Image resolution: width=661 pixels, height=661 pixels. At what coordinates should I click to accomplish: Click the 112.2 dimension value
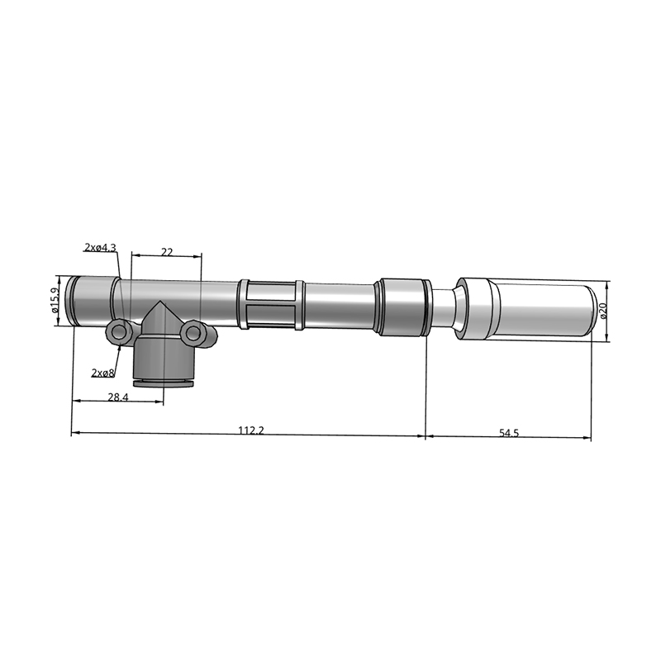(x=251, y=430)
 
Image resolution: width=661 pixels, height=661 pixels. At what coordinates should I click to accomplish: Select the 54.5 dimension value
(x=509, y=433)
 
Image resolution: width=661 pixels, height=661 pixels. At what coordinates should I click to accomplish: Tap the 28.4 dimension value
(x=118, y=397)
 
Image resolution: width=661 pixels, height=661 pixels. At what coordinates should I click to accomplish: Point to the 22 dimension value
(x=167, y=252)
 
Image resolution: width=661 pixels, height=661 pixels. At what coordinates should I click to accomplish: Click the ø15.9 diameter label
(x=55, y=300)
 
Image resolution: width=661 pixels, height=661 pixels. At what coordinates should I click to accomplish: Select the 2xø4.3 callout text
(x=100, y=247)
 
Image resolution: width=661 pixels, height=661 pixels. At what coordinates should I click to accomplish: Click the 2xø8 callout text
(x=102, y=373)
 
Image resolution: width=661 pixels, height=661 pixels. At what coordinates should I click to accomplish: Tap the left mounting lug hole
(x=119, y=333)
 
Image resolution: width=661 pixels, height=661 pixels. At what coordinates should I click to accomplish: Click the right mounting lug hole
(x=193, y=333)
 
